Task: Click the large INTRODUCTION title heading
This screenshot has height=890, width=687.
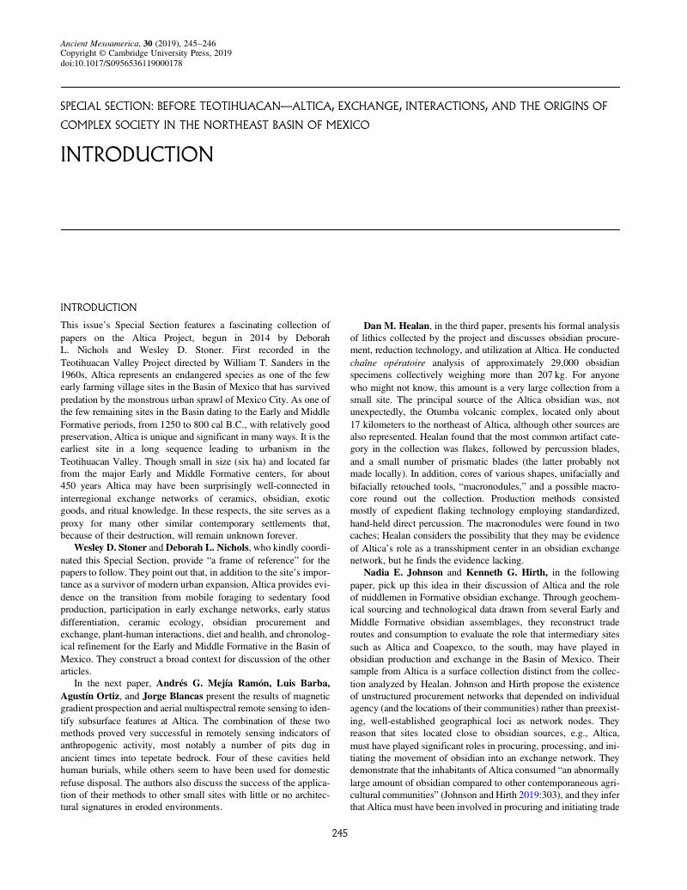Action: [137, 155]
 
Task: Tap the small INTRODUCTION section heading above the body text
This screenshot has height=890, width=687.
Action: [99, 308]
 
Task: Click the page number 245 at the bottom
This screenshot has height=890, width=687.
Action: [340, 832]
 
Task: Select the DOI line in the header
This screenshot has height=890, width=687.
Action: [121, 63]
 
